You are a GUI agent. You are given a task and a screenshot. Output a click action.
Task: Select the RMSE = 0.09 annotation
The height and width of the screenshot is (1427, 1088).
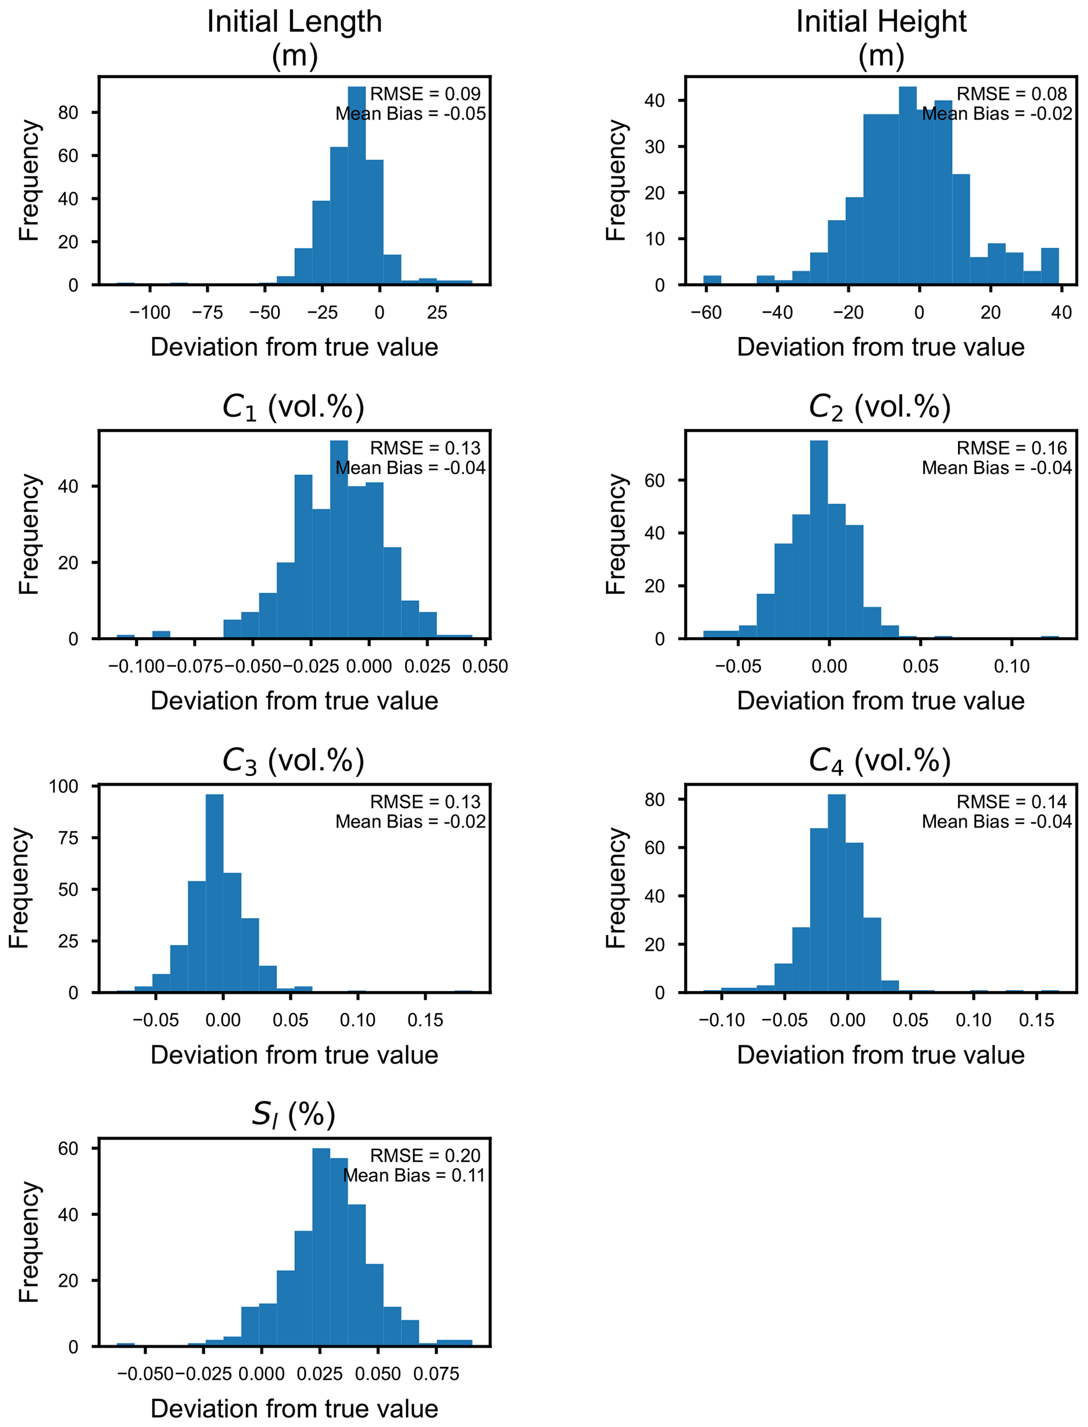tap(425, 94)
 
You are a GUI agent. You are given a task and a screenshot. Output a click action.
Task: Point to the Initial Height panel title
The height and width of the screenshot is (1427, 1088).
tap(881, 37)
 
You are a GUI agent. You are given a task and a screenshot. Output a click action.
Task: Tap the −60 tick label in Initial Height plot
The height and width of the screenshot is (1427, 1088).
tap(705, 313)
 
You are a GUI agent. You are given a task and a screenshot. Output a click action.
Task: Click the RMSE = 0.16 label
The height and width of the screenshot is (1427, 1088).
tap(1012, 448)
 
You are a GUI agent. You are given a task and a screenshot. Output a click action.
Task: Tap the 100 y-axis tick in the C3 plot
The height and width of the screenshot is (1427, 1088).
tap(64, 786)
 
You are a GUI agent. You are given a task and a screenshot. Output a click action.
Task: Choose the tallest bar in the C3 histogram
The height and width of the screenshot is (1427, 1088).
tap(214, 893)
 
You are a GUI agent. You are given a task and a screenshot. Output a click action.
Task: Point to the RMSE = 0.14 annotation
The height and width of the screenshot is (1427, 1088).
tap(1012, 802)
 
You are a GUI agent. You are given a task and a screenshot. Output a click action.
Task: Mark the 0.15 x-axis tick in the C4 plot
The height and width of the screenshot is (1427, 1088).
tap(1036, 1021)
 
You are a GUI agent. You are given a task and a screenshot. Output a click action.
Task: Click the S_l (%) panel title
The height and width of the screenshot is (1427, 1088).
tap(293, 1115)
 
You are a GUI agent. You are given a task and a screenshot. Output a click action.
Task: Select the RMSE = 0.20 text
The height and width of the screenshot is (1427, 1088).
tap(425, 1156)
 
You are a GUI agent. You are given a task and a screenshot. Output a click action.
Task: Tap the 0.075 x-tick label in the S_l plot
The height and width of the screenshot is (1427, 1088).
tap(436, 1374)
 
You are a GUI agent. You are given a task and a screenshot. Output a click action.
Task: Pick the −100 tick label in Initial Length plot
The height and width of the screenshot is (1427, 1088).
tap(149, 313)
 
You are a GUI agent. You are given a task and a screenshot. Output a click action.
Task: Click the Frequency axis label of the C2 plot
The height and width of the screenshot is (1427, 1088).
tap(616, 534)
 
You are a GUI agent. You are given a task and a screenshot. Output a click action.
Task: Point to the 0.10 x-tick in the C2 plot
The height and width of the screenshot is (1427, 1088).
tap(1012, 666)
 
